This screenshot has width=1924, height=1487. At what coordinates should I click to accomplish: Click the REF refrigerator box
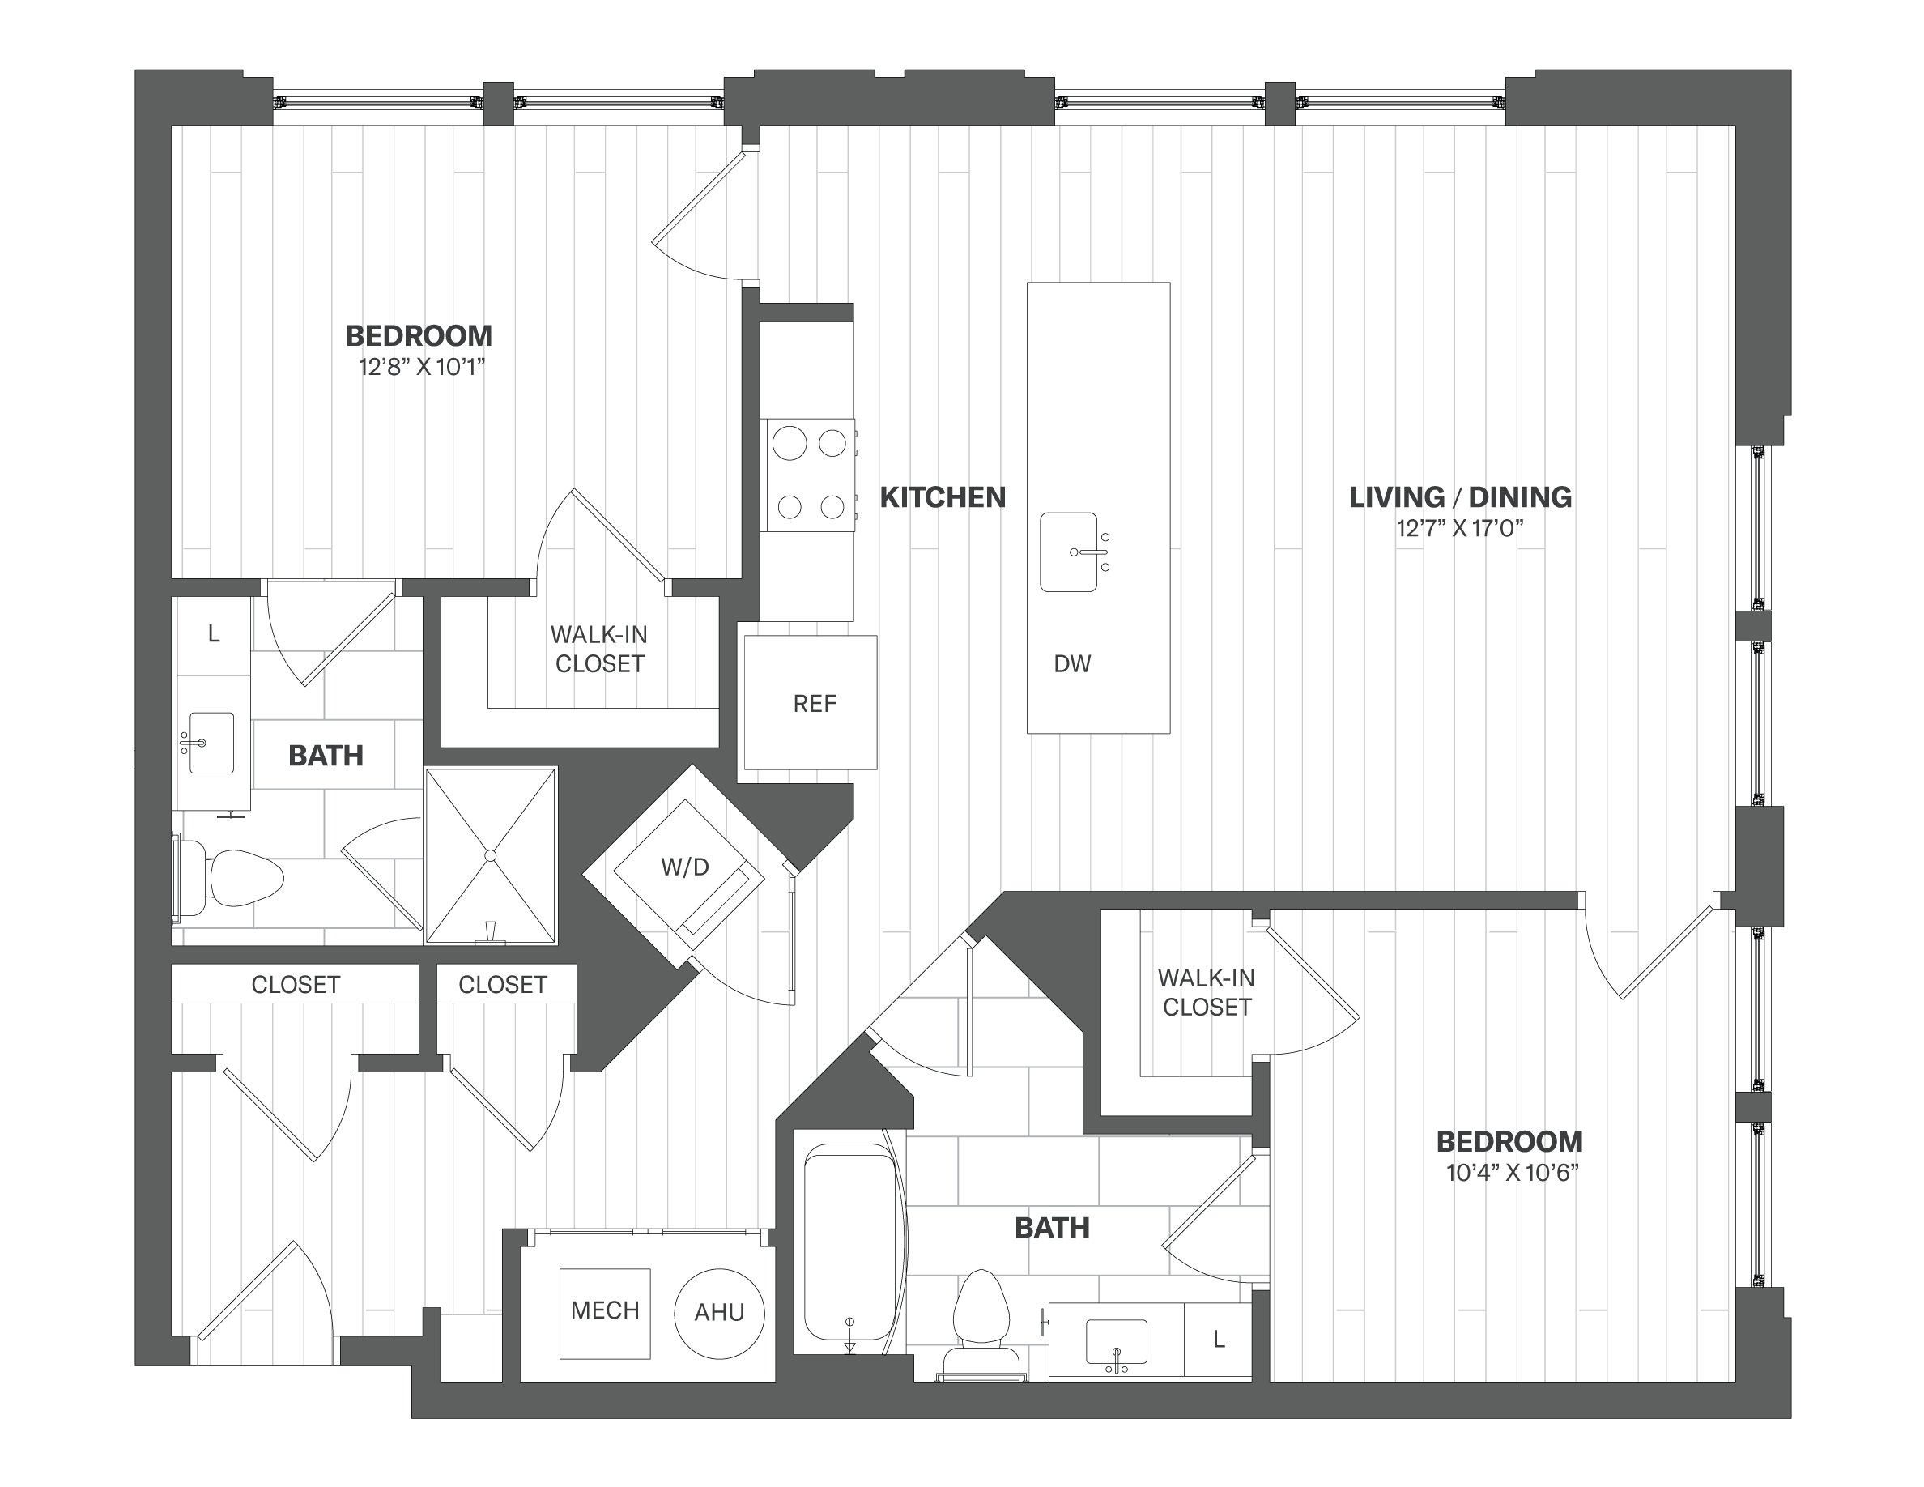point(811,702)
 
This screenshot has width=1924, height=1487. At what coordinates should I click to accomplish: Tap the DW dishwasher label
point(1072,664)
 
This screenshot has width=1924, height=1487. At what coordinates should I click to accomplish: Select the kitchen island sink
point(1069,552)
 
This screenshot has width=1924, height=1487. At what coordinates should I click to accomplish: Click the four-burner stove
point(809,475)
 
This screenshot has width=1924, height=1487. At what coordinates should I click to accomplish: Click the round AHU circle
point(719,1314)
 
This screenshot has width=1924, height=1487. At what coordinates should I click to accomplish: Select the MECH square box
point(605,1314)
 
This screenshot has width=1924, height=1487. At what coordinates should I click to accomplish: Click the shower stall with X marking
point(491,855)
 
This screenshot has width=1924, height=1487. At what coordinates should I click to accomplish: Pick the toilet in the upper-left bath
point(232,878)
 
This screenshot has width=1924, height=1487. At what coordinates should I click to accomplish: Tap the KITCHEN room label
point(943,498)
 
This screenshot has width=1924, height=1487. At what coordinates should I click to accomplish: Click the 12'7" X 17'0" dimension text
point(1460,529)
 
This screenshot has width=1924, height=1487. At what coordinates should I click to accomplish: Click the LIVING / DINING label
point(1460,498)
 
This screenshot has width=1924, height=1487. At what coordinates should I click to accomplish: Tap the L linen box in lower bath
point(1219,1340)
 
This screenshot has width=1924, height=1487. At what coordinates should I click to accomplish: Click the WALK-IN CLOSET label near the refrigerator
point(599,650)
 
